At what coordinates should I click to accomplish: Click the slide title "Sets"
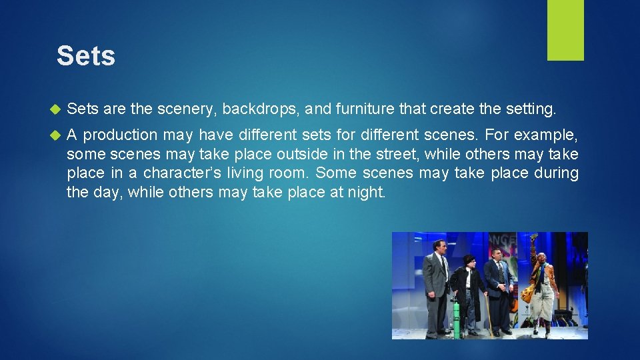85,56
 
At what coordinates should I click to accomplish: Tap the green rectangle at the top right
565,30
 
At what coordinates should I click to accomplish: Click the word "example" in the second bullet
546,135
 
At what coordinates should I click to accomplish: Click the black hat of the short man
468,259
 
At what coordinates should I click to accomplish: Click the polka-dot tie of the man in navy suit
501,272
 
